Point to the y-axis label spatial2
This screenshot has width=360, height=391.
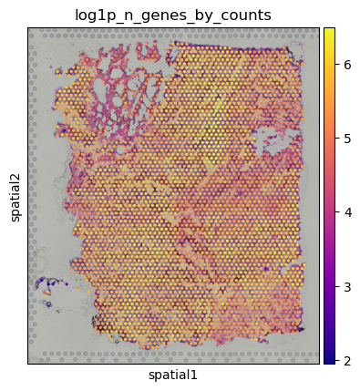coord(15,195)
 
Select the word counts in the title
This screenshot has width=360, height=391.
coord(246,14)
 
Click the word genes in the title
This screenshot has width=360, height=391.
coord(162,14)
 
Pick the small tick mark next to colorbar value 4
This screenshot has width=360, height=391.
coord(336,213)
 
